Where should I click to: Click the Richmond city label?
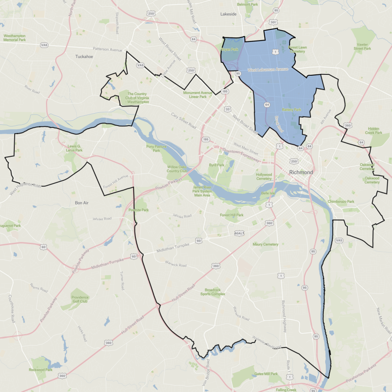[x=301, y=172]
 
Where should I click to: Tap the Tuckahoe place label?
[x=84, y=57]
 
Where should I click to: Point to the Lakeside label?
[x=229, y=14]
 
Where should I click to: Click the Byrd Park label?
[x=216, y=165]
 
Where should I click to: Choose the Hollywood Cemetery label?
[x=264, y=176]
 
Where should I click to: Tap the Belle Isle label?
[x=268, y=193]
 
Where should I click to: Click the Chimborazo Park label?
[x=341, y=202]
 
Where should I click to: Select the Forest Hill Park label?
[x=232, y=215]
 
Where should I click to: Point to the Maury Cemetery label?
[x=265, y=244]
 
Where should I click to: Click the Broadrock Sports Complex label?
[x=212, y=291]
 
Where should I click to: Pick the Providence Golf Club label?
[x=80, y=299]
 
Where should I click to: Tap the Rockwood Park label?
[x=41, y=370]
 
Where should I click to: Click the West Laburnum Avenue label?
[x=268, y=69]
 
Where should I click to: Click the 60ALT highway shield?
[x=240, y=233]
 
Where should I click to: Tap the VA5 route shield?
[x=339, y=240]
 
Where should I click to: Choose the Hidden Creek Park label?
[x=373, y=130]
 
